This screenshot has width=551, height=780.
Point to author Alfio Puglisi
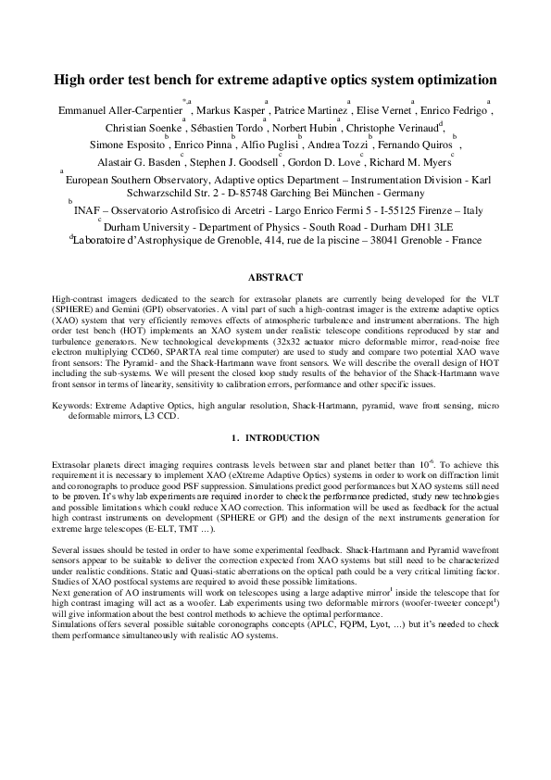click(x=269, y=145)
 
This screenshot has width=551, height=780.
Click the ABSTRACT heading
click(x=275, y=277)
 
